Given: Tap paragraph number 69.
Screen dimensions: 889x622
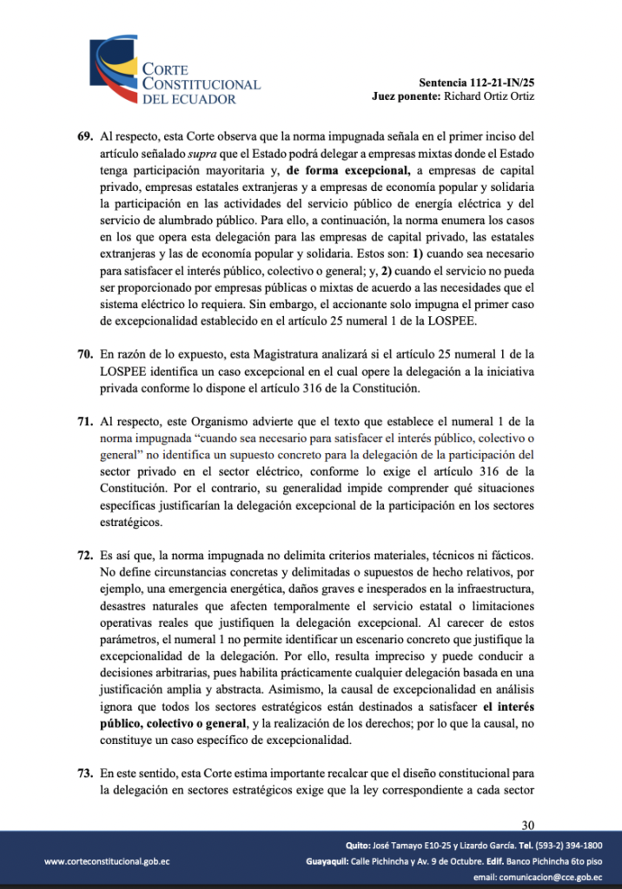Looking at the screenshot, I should [85, 136].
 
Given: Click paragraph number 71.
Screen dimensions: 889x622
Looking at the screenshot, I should [85, 421].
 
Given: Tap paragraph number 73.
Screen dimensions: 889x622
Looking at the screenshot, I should [85, 772].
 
